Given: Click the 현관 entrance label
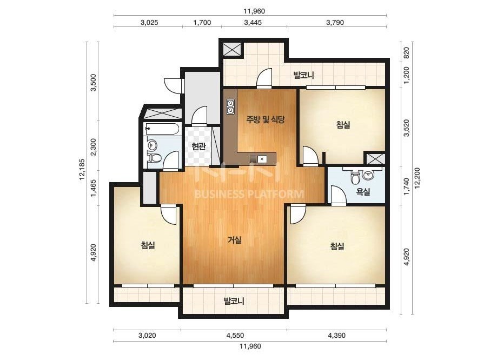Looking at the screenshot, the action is (198, 146).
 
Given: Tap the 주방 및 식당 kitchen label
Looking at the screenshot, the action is (266, 119).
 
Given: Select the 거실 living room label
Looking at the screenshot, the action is (235, 240).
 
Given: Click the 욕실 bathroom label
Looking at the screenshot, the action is (362, 191).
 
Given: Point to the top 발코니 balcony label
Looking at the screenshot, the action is (303, 75).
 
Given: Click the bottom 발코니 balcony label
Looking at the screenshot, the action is (234, 301).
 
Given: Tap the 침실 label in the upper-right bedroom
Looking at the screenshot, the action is (343, 124).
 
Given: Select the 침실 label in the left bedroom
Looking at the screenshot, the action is (148, 245).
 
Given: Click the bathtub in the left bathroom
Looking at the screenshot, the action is (162, 129).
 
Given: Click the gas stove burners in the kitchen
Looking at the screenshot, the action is (230, 106).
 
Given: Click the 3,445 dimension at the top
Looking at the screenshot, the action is (253, 23).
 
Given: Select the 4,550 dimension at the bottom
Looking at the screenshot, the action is (235, 336).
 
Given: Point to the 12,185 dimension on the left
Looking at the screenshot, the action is (82, 169).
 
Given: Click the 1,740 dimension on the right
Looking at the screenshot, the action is (406, 186).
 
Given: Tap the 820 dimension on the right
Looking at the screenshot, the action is (406, 52).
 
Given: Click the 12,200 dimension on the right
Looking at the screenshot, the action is (417, 178).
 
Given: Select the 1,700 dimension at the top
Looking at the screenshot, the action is (202, 23).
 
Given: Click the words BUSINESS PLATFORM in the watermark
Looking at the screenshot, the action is (249, 194).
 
